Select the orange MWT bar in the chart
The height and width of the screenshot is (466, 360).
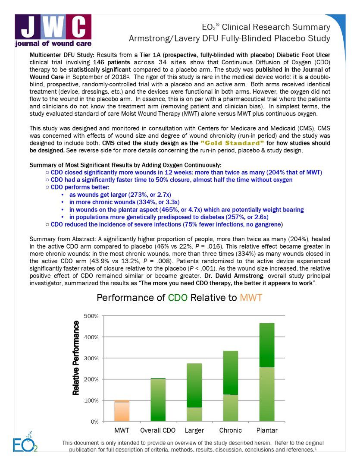[x=122, y=410]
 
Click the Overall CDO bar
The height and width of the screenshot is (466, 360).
[x=158, y=400]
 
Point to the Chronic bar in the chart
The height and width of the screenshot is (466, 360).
[x=230, y=386]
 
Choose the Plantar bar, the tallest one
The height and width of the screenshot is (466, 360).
[x=266, y=372]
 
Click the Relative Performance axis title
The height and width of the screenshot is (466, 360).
[x=76, y=358]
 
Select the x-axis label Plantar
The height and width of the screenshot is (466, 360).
[x=266, y=431]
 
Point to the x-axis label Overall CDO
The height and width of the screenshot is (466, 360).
[x=158, y=431]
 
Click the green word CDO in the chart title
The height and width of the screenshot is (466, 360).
[x=178, y=298]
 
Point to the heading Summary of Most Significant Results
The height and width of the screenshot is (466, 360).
[x=125, y=165]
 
